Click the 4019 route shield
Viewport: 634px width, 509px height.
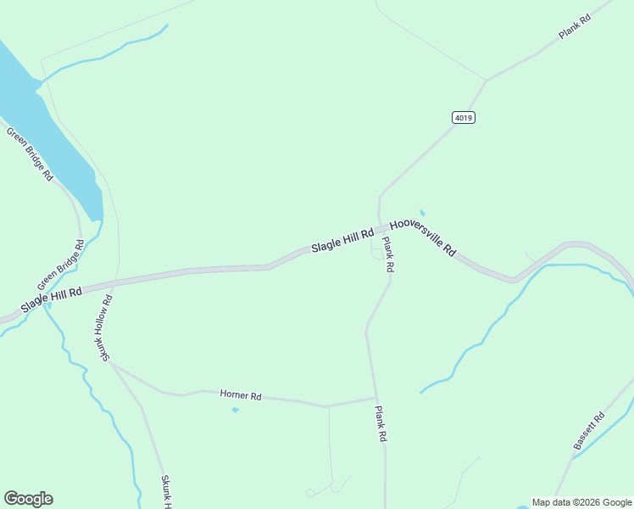[x=463, y=118]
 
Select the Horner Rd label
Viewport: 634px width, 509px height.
[x=241, y=395]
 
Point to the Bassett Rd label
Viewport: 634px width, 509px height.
[x=589, y=431]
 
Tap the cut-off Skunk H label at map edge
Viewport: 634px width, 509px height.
[x=167, y=492]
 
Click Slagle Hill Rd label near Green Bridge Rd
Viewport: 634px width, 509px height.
[x=52, y=299]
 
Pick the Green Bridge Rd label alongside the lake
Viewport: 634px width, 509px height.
[x=30, y=154]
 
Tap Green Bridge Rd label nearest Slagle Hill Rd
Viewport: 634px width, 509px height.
[x=60, y=265]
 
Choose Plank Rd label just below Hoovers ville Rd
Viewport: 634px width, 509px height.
[x=387, y=254]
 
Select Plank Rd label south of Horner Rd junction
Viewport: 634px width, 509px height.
[x=381, y=423]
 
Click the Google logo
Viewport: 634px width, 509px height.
[x=28, y=499]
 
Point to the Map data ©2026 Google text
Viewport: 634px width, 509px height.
[x=581, y=502]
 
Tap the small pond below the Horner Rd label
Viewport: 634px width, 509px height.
[x=235, y=410]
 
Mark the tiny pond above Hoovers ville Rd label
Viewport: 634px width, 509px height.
[x=422, y=213]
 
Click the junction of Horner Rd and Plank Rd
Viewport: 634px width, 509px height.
[x=375, y=397]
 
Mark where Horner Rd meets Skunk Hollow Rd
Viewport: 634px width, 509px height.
[x=111, y=364]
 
